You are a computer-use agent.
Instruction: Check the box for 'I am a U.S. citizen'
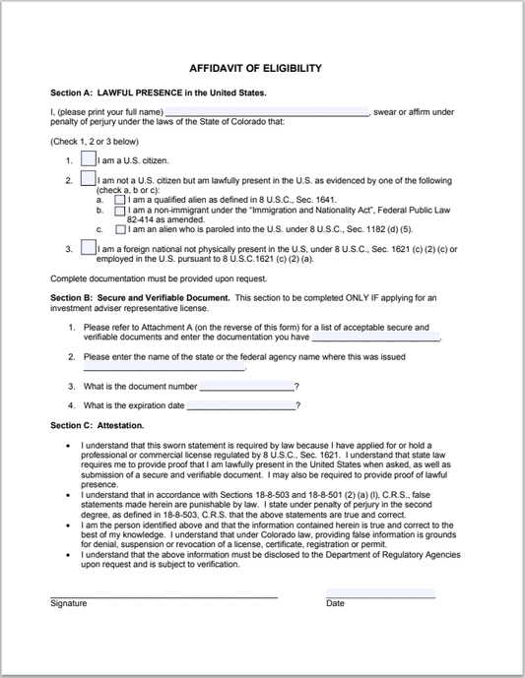89,158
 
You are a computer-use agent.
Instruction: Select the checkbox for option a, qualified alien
120,199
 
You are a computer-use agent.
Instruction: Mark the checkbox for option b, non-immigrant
120,210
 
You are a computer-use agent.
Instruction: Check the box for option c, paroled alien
120,228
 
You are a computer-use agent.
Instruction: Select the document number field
246,385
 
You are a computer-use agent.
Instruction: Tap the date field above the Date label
380,593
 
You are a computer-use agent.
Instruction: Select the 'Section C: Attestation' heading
97,425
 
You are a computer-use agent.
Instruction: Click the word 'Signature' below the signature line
69,603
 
